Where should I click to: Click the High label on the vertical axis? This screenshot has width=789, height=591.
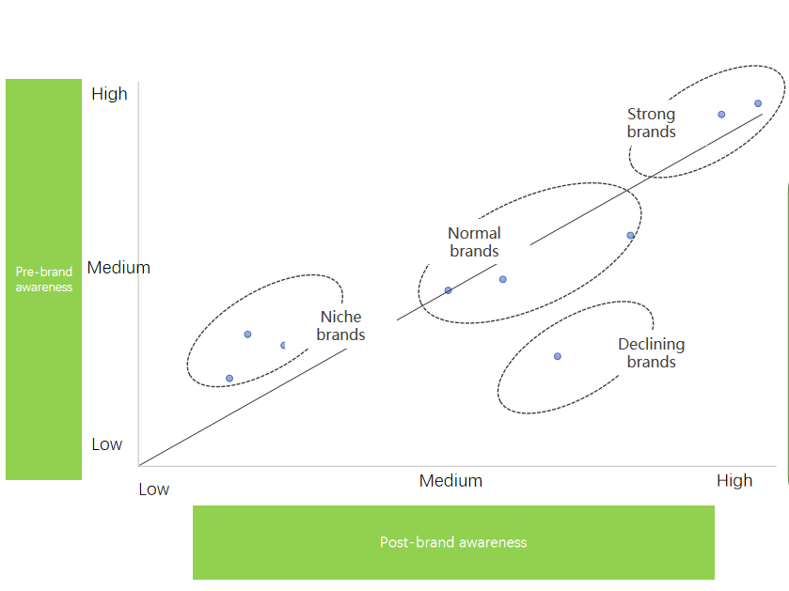click(x=109, y=94)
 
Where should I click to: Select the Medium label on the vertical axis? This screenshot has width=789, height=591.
click(x=118, y=268)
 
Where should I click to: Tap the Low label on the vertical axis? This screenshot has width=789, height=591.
click(x=106, y=444)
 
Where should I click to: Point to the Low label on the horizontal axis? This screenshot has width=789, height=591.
click(x=154, y=490)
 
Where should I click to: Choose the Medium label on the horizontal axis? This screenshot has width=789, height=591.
click(x=450, y=481)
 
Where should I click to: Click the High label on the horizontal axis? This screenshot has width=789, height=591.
click(x=734, y=481)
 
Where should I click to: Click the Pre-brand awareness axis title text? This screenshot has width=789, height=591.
click(x=44, y=279)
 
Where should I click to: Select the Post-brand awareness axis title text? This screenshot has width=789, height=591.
click(x=453, y=542)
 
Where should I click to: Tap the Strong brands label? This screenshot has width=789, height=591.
click(x=651, y=123)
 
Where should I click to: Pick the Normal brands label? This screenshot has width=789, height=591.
click(x=474, y=241)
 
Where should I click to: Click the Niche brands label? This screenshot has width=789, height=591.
click(x=340, y=326)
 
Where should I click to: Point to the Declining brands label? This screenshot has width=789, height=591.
click(x=651, y=352)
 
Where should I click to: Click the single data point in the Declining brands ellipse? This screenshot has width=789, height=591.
click(x=558, y=356)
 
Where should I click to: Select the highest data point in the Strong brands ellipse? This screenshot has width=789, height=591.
click(x=758, y=103)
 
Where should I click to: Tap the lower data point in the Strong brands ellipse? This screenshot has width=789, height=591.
click(x=721, y=115)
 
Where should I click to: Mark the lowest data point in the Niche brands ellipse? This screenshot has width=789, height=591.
click(x=229, y=379)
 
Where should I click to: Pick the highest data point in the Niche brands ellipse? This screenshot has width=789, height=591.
click(x=247, y=334)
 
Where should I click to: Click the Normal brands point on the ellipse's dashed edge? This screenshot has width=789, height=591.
click(x=630, y=235)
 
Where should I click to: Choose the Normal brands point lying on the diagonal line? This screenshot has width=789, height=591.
click(x=449, y=290)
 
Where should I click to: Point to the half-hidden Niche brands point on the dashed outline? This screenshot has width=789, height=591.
click(x=283, y=345)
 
